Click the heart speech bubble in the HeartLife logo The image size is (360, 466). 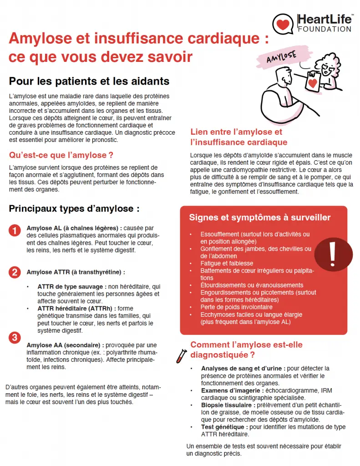click(283, 24)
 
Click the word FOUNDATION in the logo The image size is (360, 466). click(325, 29)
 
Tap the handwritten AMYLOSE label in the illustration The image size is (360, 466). click(281, 57)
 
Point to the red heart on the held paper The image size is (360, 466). click(312, 83)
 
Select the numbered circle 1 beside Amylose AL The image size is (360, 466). click(15, 230)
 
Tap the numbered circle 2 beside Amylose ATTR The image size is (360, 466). click(15, 272)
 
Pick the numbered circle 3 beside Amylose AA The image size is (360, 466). click(15, 338)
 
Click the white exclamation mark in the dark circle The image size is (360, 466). click(333, 254)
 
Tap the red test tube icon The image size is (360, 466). click(181, 356)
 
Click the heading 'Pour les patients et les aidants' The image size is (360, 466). click(89, 81)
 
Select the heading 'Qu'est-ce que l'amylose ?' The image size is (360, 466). click(61, 155)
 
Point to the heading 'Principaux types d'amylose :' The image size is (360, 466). click(74, 208)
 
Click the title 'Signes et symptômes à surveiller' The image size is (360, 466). click(260, 218)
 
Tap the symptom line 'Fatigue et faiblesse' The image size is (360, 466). click(227, 263)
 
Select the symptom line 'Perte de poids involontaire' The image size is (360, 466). click(236, 307)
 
